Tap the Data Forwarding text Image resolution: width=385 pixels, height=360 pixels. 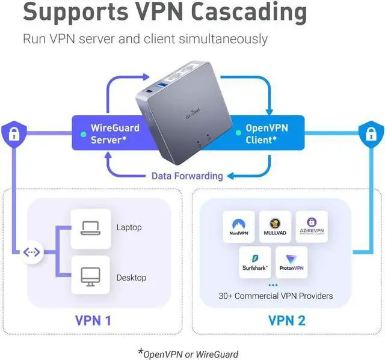[186, 176]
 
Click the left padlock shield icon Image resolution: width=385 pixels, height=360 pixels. [13, 133]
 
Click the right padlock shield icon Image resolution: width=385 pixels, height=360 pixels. [371, 133]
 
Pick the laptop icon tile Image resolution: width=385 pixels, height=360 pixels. [90, 228]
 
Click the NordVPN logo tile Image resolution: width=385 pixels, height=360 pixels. [239, 227]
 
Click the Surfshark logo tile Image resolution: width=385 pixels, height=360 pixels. [255, 262]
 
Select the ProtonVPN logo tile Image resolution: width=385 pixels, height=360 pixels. [292, 262]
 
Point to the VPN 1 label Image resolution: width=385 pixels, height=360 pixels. [93, 320]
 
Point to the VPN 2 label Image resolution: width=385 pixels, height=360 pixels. [286, 320]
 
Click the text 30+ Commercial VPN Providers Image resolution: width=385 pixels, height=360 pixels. [276, 296]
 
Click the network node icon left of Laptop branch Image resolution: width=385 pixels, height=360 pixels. [31, 252]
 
